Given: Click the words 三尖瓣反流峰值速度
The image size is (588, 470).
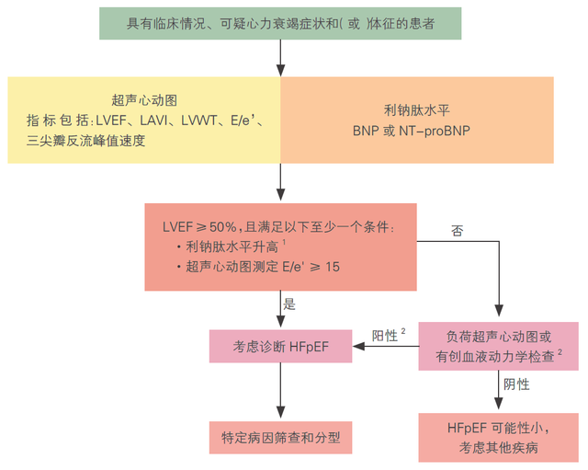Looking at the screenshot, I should [86, 141].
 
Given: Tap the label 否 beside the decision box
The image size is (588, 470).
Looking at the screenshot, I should [457, 230].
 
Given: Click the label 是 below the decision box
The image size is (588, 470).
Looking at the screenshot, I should [290, 304].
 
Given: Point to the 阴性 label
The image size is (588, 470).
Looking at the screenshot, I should [514, 384].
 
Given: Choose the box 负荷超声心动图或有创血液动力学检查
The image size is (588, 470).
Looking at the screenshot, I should [498, 346].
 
